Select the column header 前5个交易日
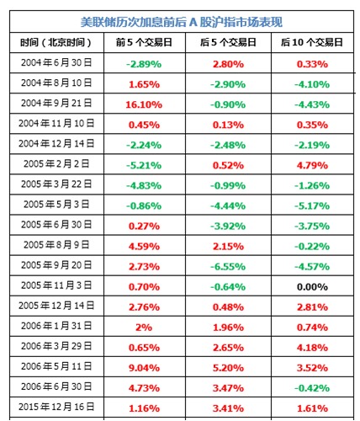137,42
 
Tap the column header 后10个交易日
312,42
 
